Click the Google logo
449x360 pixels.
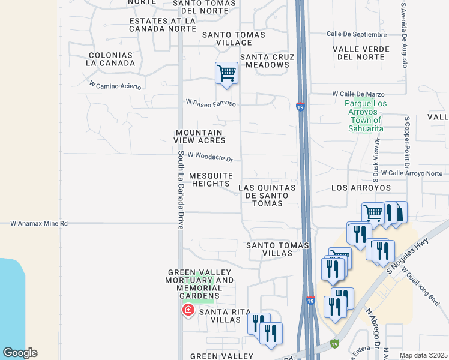(20, 353)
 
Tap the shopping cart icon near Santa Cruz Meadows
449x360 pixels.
(226, 74)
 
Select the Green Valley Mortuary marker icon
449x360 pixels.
(188, 310)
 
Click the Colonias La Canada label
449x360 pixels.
(110, 59)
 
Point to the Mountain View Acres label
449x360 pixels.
(199, 136)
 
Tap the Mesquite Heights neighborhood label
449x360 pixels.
(211, 179)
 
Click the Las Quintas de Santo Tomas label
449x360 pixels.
(267, 196)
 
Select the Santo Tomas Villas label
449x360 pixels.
(278, 249)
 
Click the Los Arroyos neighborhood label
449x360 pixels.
(361, 188)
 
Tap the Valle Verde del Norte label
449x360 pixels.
(361, 53)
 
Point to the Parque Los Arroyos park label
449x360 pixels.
(366, 116)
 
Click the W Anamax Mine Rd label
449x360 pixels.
(40, 223)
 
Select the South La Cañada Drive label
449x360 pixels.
(180, 190)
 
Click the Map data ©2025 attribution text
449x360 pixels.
(423, 355)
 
